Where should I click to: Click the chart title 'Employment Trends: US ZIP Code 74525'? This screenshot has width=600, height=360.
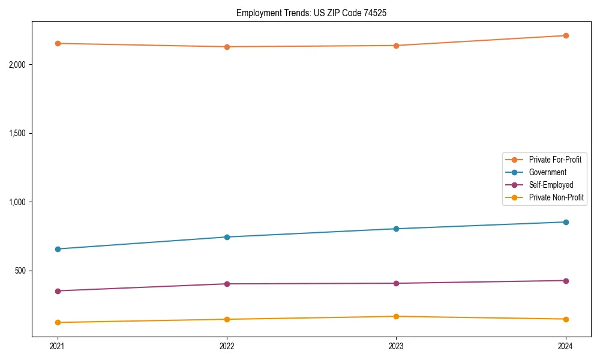[x=307, y=13]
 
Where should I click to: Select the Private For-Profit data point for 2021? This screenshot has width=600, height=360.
[x=58, y=43]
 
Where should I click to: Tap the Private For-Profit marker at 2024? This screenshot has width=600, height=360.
[x=566, y=35]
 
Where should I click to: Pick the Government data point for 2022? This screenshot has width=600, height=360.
[x=227, y=237]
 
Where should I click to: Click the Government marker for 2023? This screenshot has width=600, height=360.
[x=396, y=229]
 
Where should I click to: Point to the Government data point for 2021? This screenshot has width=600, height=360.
[x=58, y=249]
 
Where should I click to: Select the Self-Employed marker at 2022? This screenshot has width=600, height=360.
[x=227, y=284]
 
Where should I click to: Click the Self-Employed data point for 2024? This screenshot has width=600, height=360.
[x=566, y=281]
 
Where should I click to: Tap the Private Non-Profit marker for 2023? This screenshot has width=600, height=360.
[x=396, y=316]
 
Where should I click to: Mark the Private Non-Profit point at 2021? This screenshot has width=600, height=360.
[x=58, y=322]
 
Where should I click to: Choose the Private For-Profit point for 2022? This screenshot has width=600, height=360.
[x=227, y=47]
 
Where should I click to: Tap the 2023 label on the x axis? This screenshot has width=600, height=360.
[x=396, y=346]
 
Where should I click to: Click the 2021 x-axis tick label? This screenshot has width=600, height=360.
[x=58, y=346]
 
